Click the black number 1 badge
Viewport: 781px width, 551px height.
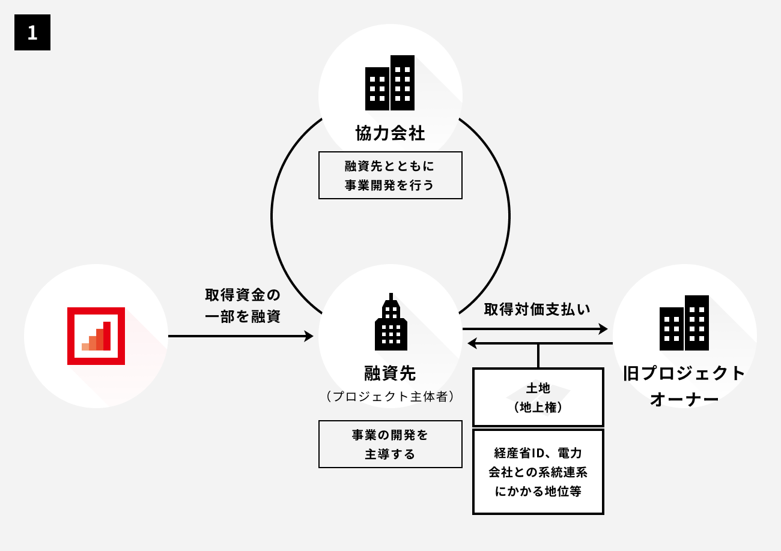pos(32,32)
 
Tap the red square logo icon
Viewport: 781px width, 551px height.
pos(96,336)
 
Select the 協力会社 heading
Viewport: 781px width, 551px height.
pos(390,133)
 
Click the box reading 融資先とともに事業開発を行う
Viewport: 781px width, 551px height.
pos(390,175)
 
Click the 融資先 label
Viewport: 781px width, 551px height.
pos(390,373)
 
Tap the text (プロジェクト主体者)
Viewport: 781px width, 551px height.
pos(390,397)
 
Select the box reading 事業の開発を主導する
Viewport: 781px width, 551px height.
pos(390,444)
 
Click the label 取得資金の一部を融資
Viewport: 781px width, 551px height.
pos(243,306)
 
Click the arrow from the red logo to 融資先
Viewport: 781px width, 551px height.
pos(240,336)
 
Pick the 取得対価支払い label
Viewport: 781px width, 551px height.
pos(537,309)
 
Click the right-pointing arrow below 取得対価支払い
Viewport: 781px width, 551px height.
pos(535,329)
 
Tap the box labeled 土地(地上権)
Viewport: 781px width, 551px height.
pos(538,397)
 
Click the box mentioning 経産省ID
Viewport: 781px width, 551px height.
pos(538,472)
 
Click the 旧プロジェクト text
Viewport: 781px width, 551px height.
pos(684,373)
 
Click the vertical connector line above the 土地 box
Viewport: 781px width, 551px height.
pos(538,356)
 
